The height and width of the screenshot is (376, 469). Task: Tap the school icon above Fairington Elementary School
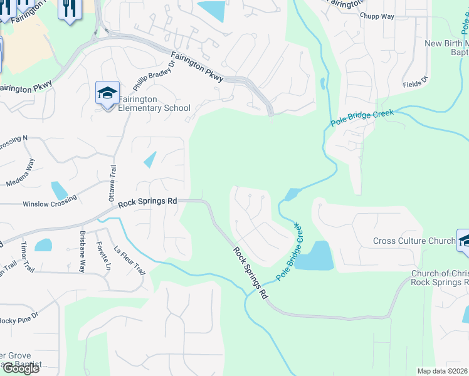click(x=107, y=94)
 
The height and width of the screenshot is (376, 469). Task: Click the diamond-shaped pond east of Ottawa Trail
click(x=150, y=160)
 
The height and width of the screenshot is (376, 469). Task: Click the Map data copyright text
click(x=443, y=371)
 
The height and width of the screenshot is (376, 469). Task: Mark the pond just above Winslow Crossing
click(x=58, y=191)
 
